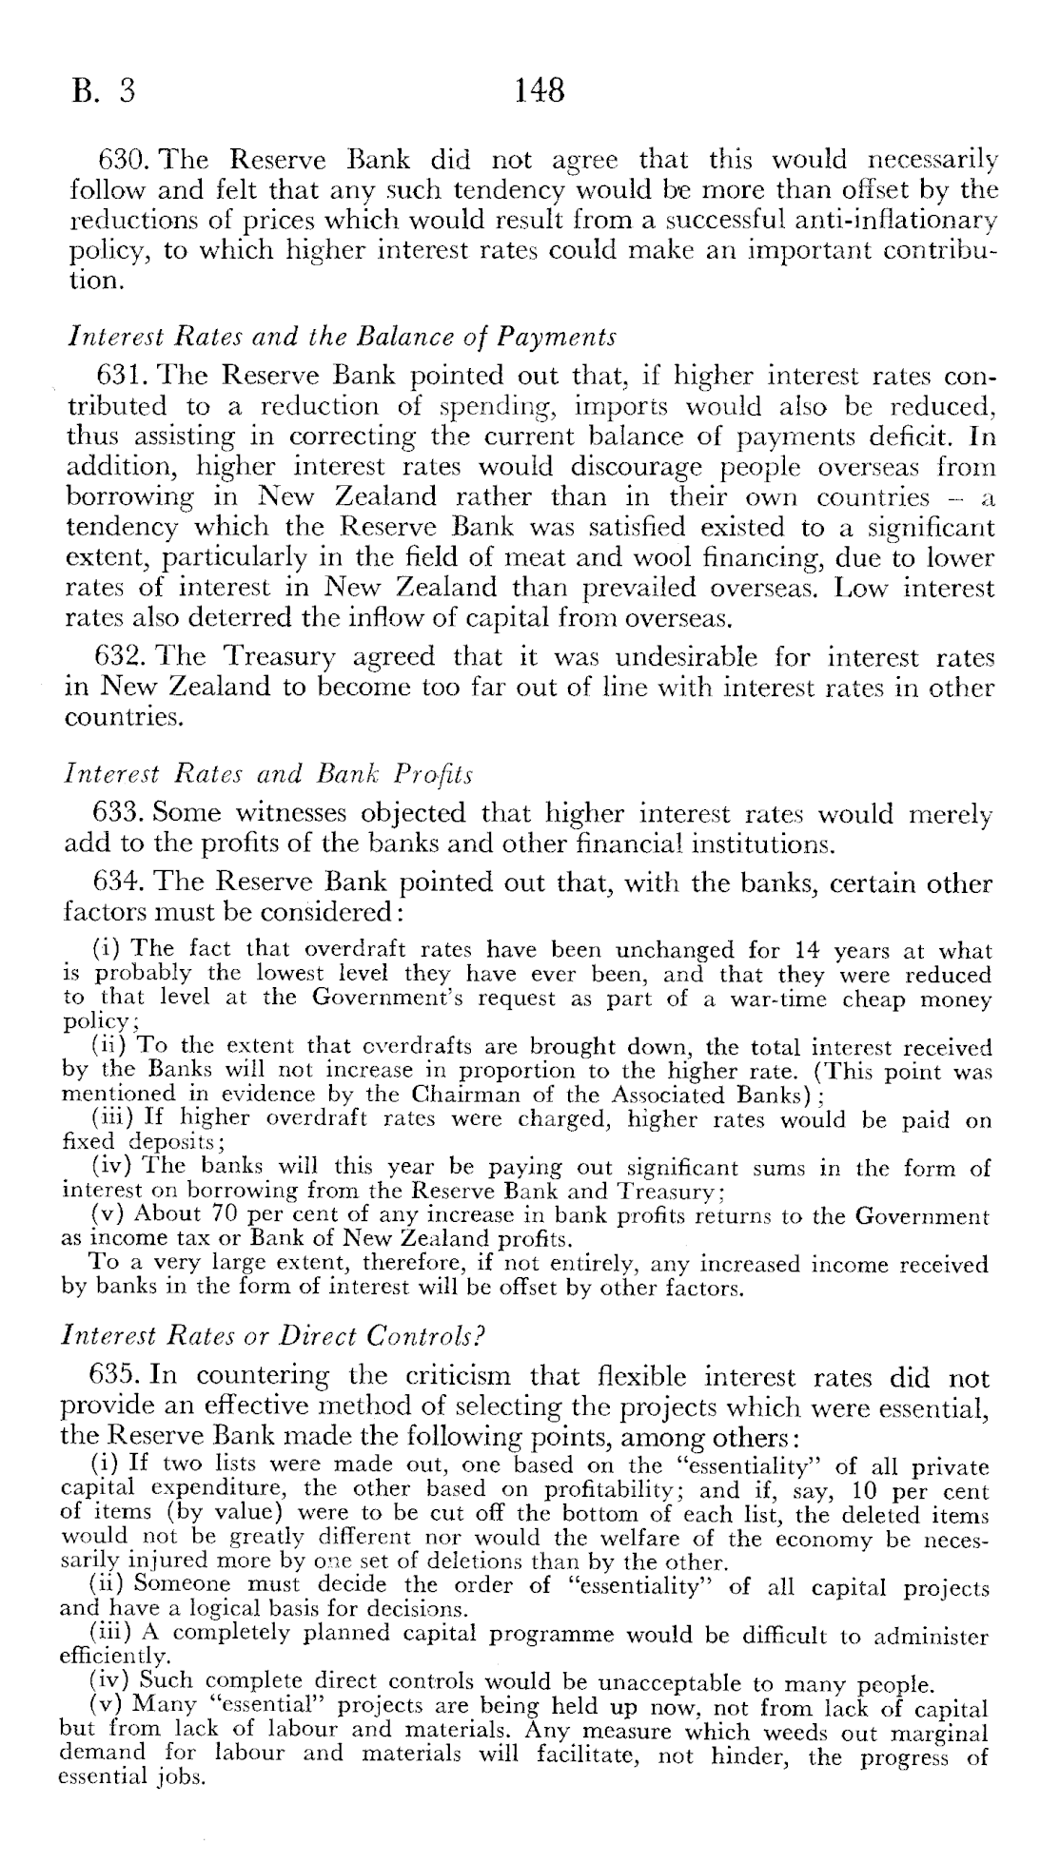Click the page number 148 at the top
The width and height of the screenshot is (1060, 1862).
click(540, 90)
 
